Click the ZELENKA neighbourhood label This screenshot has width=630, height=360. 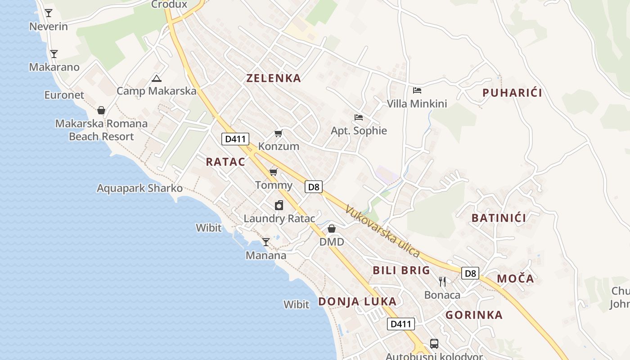(274, 78)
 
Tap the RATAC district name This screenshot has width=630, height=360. (225, 162)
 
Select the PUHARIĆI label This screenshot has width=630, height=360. (512, 93)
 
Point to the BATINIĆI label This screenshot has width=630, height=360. (499, 218)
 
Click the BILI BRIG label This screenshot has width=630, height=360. (401, 270)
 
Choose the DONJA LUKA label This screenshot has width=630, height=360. (357, 301)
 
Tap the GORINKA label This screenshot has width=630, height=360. (474, 315)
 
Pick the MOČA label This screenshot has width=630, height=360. (515, 279)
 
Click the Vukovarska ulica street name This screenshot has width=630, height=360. (382, 231)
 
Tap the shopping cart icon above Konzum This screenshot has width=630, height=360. (279, 133)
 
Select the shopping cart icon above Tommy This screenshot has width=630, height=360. (273, 172)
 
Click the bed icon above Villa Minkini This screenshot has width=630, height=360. (417, 90)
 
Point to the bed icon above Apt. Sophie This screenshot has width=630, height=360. (359, 117)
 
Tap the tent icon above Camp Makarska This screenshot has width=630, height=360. (157, 78)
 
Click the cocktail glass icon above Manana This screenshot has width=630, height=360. (266, 242)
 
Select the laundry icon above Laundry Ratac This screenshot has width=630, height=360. (279, 206)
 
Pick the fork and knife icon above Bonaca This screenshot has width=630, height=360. (442, 282)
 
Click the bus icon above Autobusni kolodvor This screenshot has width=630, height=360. (434, 344)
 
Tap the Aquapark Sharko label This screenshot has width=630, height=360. (139, 188)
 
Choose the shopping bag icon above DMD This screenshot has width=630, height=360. (332, 229)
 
